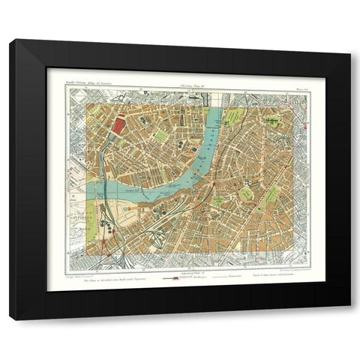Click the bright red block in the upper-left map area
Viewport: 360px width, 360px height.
click(x=118, y=125)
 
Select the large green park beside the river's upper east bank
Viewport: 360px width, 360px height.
click(x=235, y=118)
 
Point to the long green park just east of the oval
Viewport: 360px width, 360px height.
click(x=271, y=198)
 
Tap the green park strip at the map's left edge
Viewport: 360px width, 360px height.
click(x=91, y=226)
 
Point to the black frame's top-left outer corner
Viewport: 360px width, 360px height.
click(x=10, y=39)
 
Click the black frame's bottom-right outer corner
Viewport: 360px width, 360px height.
click(x=350, y=320)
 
